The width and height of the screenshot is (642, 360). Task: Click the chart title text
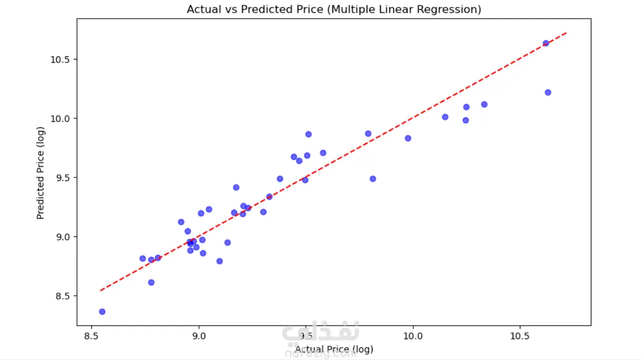click(x=334, y=10)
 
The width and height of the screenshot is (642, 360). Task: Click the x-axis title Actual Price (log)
click(x=334, y=349)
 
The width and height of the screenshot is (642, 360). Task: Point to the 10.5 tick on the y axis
click(x=60, y=59)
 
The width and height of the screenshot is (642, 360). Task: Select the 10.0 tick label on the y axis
click(x=60, y=118)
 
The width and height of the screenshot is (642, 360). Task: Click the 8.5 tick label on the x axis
click(x=92, y=336)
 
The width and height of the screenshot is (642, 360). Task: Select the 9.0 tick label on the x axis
click(x=199, y=336)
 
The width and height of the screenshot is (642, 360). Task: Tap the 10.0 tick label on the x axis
click(x=412, y=336)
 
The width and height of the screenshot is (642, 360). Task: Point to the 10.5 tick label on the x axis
click(x=519, y=336)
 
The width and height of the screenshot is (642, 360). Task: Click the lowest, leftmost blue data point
click(x=102, y=312)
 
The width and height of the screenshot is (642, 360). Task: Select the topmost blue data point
click(x=545, y=43)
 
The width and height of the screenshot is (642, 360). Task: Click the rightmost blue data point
click(x=548, y=92)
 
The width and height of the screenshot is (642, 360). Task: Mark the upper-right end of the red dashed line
click(x=567, y=32)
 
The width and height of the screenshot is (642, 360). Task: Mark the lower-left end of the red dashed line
click(x=100, y=290)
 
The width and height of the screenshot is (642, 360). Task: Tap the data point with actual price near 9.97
click(x=408, y=138)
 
